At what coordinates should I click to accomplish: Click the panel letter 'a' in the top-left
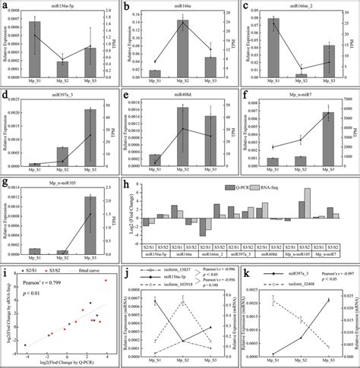[x=6, y=6]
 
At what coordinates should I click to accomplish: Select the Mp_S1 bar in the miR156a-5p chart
[x=34, y=49]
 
